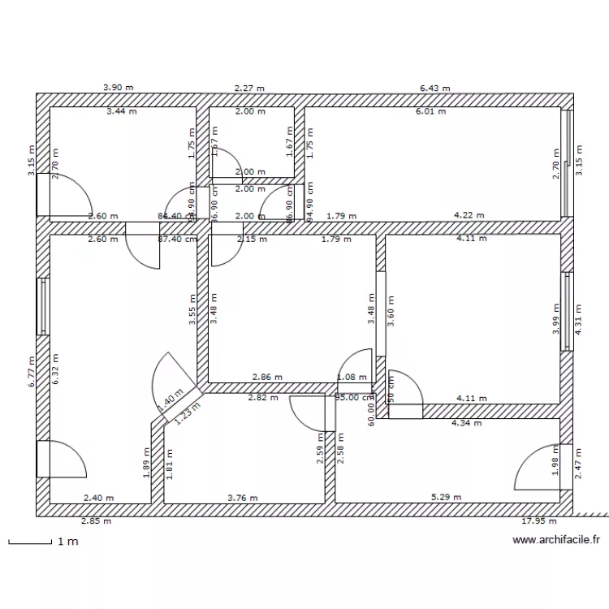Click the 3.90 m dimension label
point(118,87)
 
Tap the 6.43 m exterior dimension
point(434,87)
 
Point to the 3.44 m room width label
point(121,111)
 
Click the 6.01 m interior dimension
point(430,111)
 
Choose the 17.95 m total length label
point(540,522)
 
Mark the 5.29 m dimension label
point(446,498)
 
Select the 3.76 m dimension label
point(242,498)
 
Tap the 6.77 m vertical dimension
point(32,372)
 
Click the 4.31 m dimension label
point(579,318)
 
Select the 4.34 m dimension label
point(467,423)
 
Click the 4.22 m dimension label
point(469,215)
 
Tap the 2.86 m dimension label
point(267,378)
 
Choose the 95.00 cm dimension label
point(352,398)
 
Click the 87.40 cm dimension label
point(178,240)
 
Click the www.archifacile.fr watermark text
point(556,539)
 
